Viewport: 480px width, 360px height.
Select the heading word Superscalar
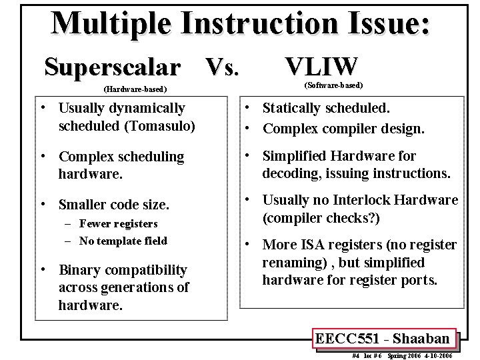(112, 67)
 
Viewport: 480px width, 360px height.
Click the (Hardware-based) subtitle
(135, 89)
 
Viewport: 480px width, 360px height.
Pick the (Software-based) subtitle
(333, 85)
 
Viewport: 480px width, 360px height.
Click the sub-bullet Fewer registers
(119, 224)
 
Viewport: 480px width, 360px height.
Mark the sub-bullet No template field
(123, 241)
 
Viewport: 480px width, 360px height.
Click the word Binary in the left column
(79, 271)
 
